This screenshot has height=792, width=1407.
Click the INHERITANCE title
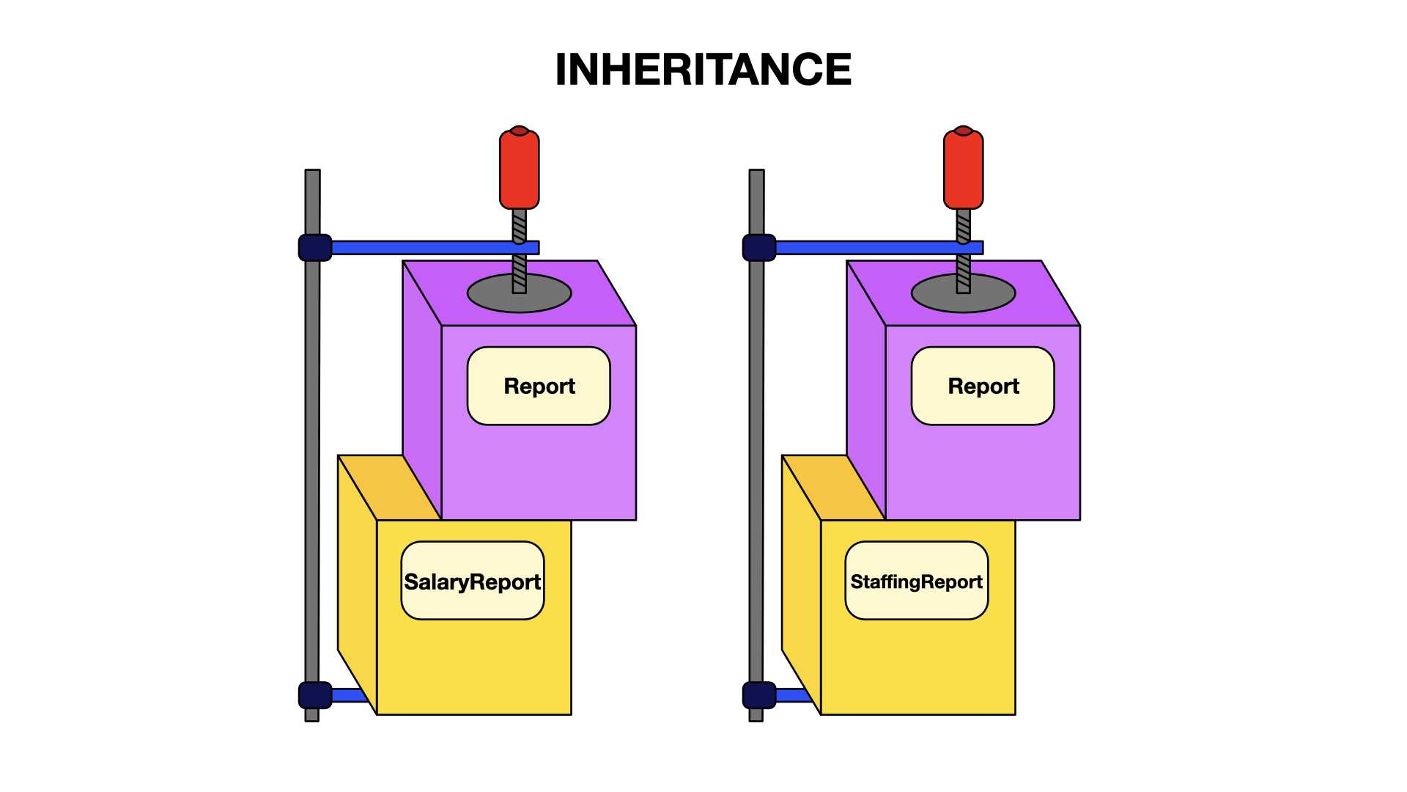click(703, 70)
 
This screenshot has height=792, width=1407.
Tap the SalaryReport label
click(473, 582)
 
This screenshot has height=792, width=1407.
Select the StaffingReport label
click(916, 582)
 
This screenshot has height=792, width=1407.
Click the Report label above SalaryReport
click(539, 386)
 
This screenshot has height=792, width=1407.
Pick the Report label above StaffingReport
click(983, 386)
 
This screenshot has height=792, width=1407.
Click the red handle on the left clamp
click(520, 168)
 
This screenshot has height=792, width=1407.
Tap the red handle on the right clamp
click(964, 168)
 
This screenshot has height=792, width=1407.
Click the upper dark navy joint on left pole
click(315, 248)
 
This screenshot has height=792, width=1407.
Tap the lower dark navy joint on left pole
click(315, 695)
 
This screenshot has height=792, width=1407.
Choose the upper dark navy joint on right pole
click(759, 248)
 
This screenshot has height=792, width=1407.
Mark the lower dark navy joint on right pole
click(759, 695)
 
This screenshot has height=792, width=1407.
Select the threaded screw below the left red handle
click(520, 251)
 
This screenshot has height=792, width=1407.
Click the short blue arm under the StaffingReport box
click(793, 695)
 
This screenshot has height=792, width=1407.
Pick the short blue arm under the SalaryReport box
click(349, 695)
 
